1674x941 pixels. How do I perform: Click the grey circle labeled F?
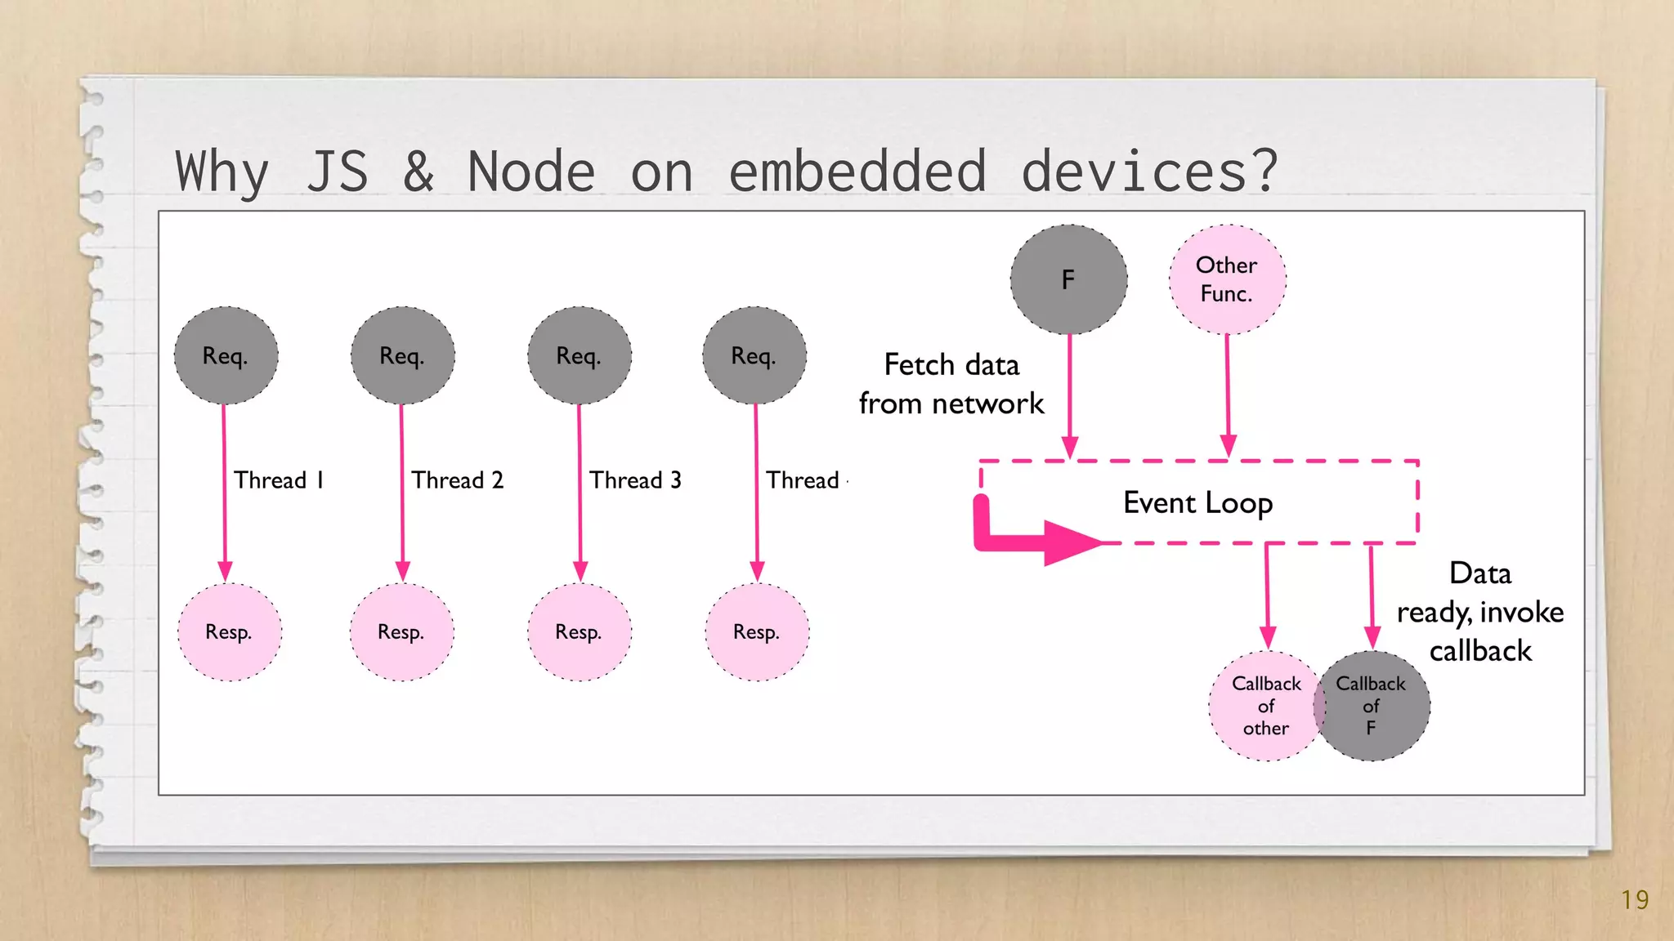pos(1068,279)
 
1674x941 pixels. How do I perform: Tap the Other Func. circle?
pos(1227,279)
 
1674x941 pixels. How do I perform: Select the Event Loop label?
pos(1197,502)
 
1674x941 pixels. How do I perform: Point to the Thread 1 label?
pos(279,480)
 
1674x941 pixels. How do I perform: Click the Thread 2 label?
pos(457,480)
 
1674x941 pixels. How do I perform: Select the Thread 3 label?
pos(635,480)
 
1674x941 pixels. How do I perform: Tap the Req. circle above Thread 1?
pos(226,355)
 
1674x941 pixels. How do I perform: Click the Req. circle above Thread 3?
pos(579,355)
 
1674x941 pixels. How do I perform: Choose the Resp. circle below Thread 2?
pos(401,632)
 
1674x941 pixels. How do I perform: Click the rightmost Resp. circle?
pos(757,632)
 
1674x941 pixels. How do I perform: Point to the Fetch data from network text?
pos(951,384)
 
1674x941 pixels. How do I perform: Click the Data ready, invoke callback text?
pos(1479,612)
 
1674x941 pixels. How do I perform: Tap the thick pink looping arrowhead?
pos(1071,542)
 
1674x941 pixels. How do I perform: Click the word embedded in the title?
pos(857,172)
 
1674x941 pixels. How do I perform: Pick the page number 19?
pos(1635,900)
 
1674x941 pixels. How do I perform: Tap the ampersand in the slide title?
pos(418,172)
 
